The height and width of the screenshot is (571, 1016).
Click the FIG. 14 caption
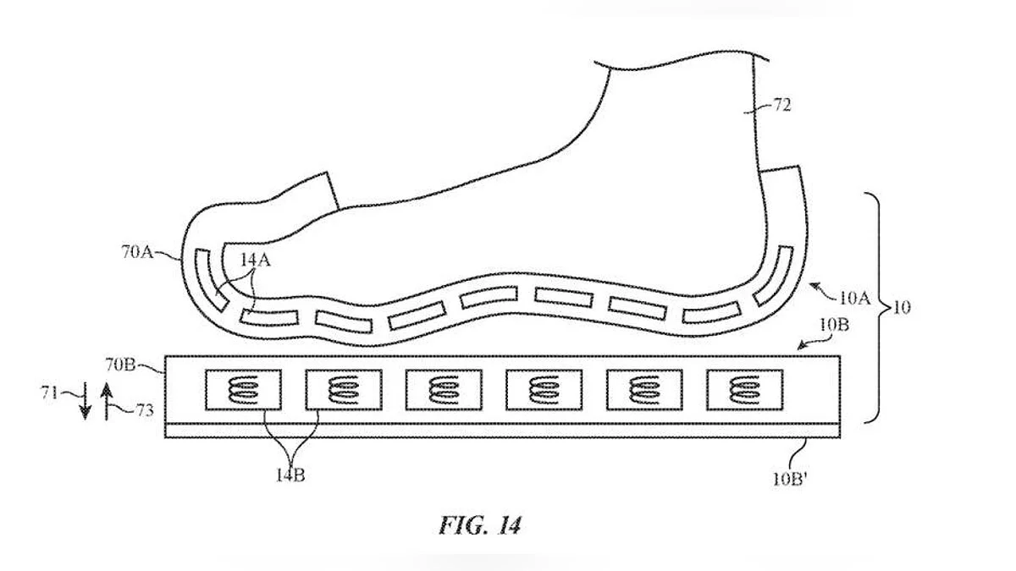[480, 525]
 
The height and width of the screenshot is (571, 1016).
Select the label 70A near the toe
[137, 252]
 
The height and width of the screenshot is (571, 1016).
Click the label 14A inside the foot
[256, 261]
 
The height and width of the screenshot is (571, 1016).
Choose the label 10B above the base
[835, 325]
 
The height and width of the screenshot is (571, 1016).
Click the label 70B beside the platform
[120, 365]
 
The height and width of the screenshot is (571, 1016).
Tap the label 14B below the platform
[290, 475]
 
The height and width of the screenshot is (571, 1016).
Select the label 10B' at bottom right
[790, 479]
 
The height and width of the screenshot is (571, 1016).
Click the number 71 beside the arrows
[50, 393]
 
